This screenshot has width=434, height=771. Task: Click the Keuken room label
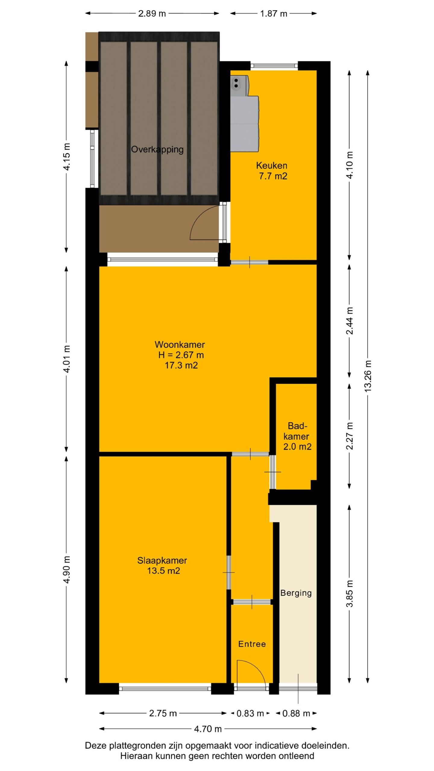coord(272,165)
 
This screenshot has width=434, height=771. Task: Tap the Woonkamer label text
coord(180,345)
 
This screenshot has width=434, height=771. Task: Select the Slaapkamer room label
coord(162,560)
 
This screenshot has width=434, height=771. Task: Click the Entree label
coord(252,644)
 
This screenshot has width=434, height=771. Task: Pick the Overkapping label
coord(157,150)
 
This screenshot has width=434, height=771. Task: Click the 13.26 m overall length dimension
coord(368,376)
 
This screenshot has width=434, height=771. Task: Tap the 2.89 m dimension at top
coord(152,14)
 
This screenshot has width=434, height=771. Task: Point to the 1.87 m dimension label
coord(274,14)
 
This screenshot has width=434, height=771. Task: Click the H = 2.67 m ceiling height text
coord(181,355)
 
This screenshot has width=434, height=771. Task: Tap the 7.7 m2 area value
coord(273,176)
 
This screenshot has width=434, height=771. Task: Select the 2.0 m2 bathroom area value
coord(297,447)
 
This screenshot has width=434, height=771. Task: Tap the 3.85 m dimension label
coord(350,594)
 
